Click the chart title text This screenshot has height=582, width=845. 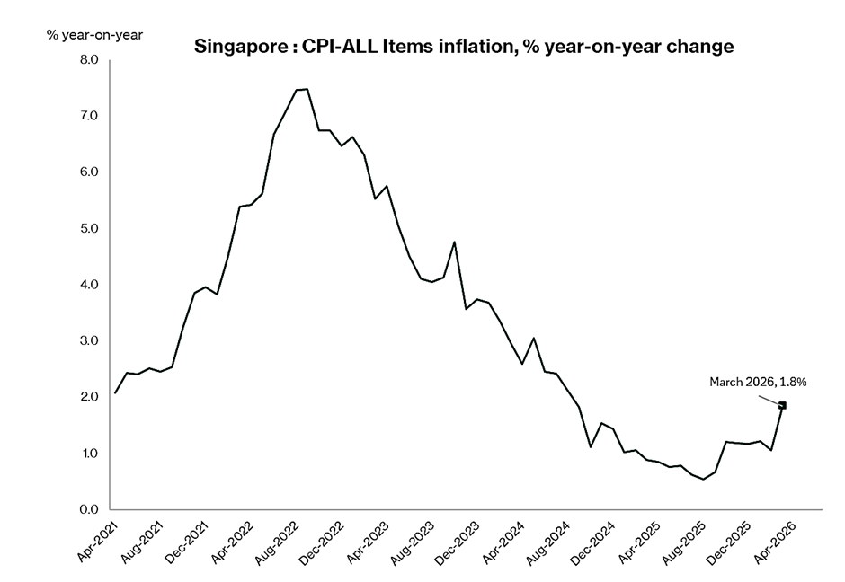pyautogui.click(x=465, y=47)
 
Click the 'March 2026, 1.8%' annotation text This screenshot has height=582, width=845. pyautogui.click(x=759, y=382)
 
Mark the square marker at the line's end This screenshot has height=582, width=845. pyautogui.click(x=782, y=405)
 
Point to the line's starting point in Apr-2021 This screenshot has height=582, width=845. pyautogui.click(x=115, y=392)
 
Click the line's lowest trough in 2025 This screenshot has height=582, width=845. pyautogui.click(x=704, y=479)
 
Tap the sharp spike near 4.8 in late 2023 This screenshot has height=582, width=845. pyautogui.click(x=454, y=242)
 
